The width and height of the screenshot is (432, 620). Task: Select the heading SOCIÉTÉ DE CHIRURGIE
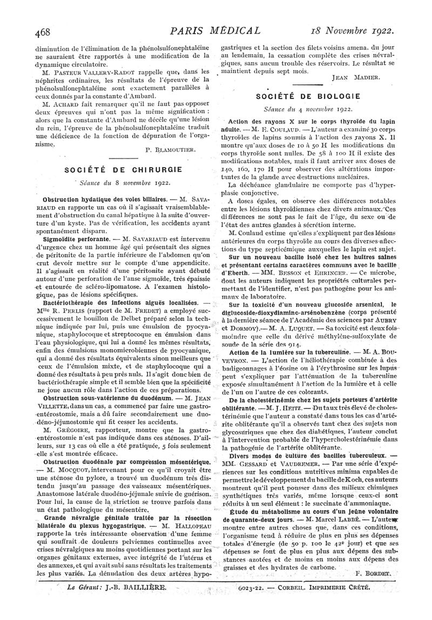pyautogui.click(x=124, y=169)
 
